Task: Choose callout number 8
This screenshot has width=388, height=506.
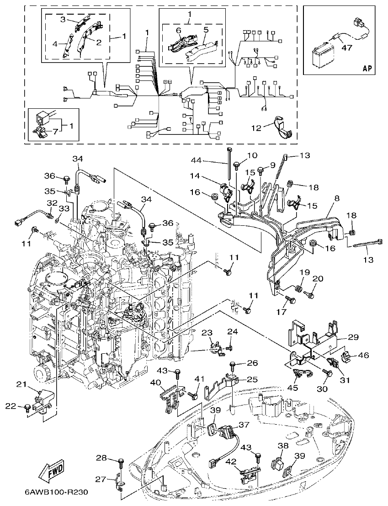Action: coord(337,199)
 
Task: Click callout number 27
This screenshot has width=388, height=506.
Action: coord(100,479)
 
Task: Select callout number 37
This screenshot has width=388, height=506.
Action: coord(244,425)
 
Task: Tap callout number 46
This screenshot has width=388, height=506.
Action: coord(364,354)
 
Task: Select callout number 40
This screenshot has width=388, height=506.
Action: coord(156,382)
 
